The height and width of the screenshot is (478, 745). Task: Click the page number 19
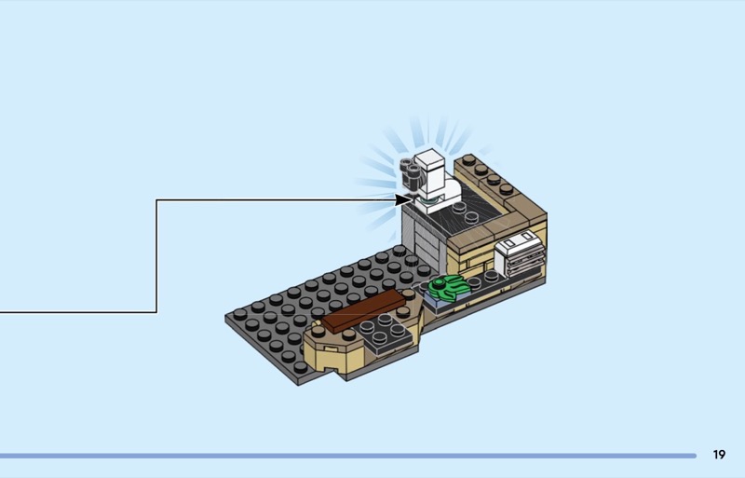(x=719, y=455)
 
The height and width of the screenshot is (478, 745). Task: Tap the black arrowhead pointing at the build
(x=402, y=200)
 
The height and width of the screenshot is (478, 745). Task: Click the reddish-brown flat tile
(x=363, y=310)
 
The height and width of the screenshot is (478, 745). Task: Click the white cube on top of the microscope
(x=429, y=161)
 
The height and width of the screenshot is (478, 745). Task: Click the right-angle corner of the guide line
(x=156, y=200)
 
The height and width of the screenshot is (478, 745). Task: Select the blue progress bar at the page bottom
(x=348, y=456)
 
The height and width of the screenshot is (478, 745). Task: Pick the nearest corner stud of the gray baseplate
(x=300, y=367)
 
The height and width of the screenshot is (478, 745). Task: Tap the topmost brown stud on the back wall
(x=468, y=158)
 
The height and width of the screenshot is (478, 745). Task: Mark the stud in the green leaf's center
(x=439, y=284)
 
